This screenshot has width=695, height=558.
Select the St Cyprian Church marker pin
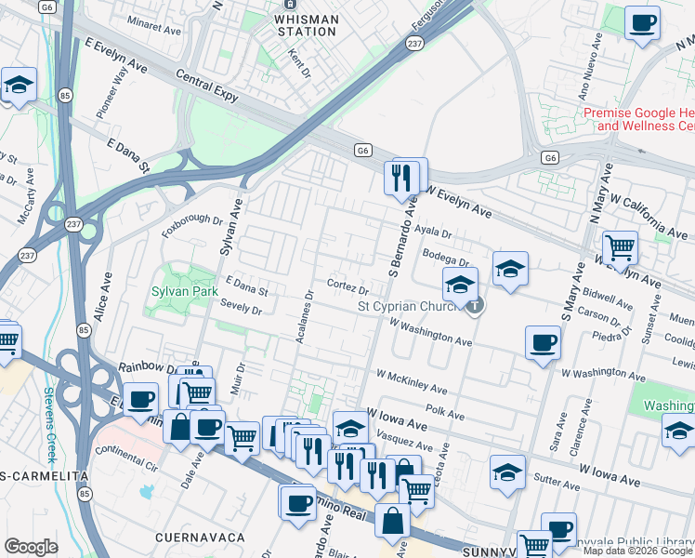pyautogui.click(x=474, y=304)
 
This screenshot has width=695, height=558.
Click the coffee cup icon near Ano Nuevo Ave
pyautogui.click(x=642, y=23)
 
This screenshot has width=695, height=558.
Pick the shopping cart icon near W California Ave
pyautogui.click(x=620, y=248)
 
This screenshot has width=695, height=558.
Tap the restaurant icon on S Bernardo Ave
pyautogui.click(x=402, y=177)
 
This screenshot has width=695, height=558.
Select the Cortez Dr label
pyautogui.click(x=349, y=284)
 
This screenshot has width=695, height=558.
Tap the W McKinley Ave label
pyautogui.click(x=412, y=381)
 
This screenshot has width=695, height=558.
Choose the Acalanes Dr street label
pyautogui.click(x=304, y=315)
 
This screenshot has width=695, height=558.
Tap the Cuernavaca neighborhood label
pyautogui.click(x=200, y=538)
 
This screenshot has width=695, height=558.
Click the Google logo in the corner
pyautogui.click(x=31, y=547)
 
